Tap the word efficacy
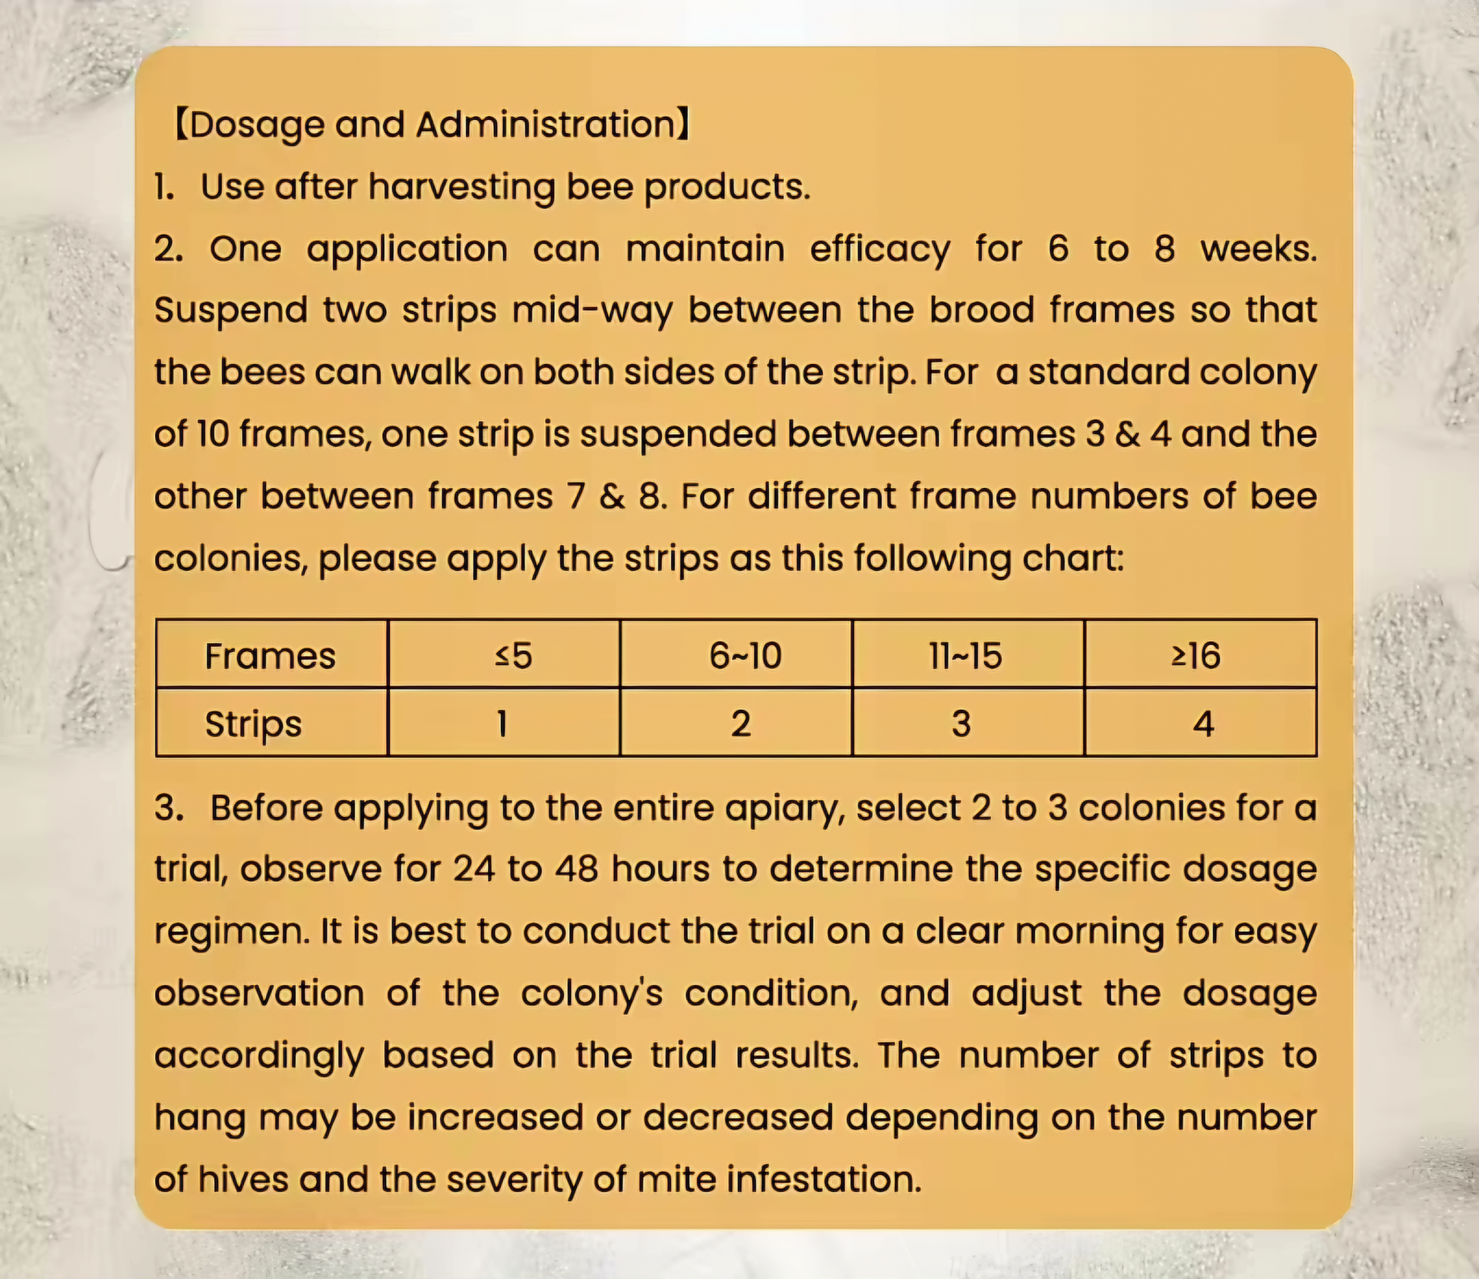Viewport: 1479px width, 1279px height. [879, 249]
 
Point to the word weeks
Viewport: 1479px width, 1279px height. [1258, 249]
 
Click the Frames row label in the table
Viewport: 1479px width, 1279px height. [270, 655]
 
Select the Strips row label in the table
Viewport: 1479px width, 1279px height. [253, 723]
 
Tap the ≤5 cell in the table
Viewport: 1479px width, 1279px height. [513, 655]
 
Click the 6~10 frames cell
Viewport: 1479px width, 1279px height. [745, 655]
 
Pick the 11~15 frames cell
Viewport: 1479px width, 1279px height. [965, 655]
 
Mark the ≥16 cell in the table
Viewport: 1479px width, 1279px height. [1196, 655]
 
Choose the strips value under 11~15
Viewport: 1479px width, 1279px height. [961, 723]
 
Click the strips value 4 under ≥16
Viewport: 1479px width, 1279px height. [1202, 723]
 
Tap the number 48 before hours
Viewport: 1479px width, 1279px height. [576, 869]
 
